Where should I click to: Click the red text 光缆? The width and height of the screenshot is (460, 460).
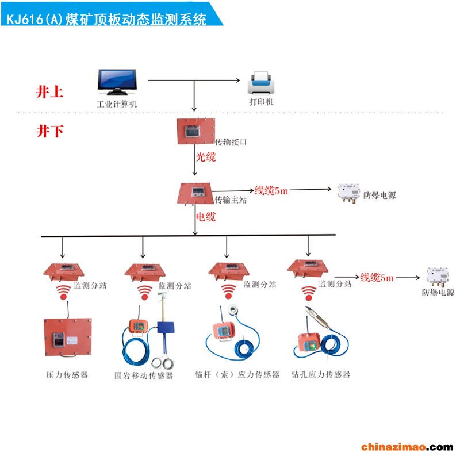pos(206,156)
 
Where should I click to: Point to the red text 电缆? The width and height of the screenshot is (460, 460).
pos(206,217)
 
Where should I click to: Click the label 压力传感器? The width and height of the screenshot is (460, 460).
pos(67,375)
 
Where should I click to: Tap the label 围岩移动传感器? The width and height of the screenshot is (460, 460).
pos(144,377)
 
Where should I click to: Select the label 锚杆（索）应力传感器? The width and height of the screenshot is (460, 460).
pos(237,374)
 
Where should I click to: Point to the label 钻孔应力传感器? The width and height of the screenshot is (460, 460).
pos(321,374)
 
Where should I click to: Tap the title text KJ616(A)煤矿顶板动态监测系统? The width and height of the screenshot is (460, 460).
pos(106,19)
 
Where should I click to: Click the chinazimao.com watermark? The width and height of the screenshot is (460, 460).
pos(407,447)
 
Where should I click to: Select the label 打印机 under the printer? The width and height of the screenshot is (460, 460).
pos(261,102)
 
